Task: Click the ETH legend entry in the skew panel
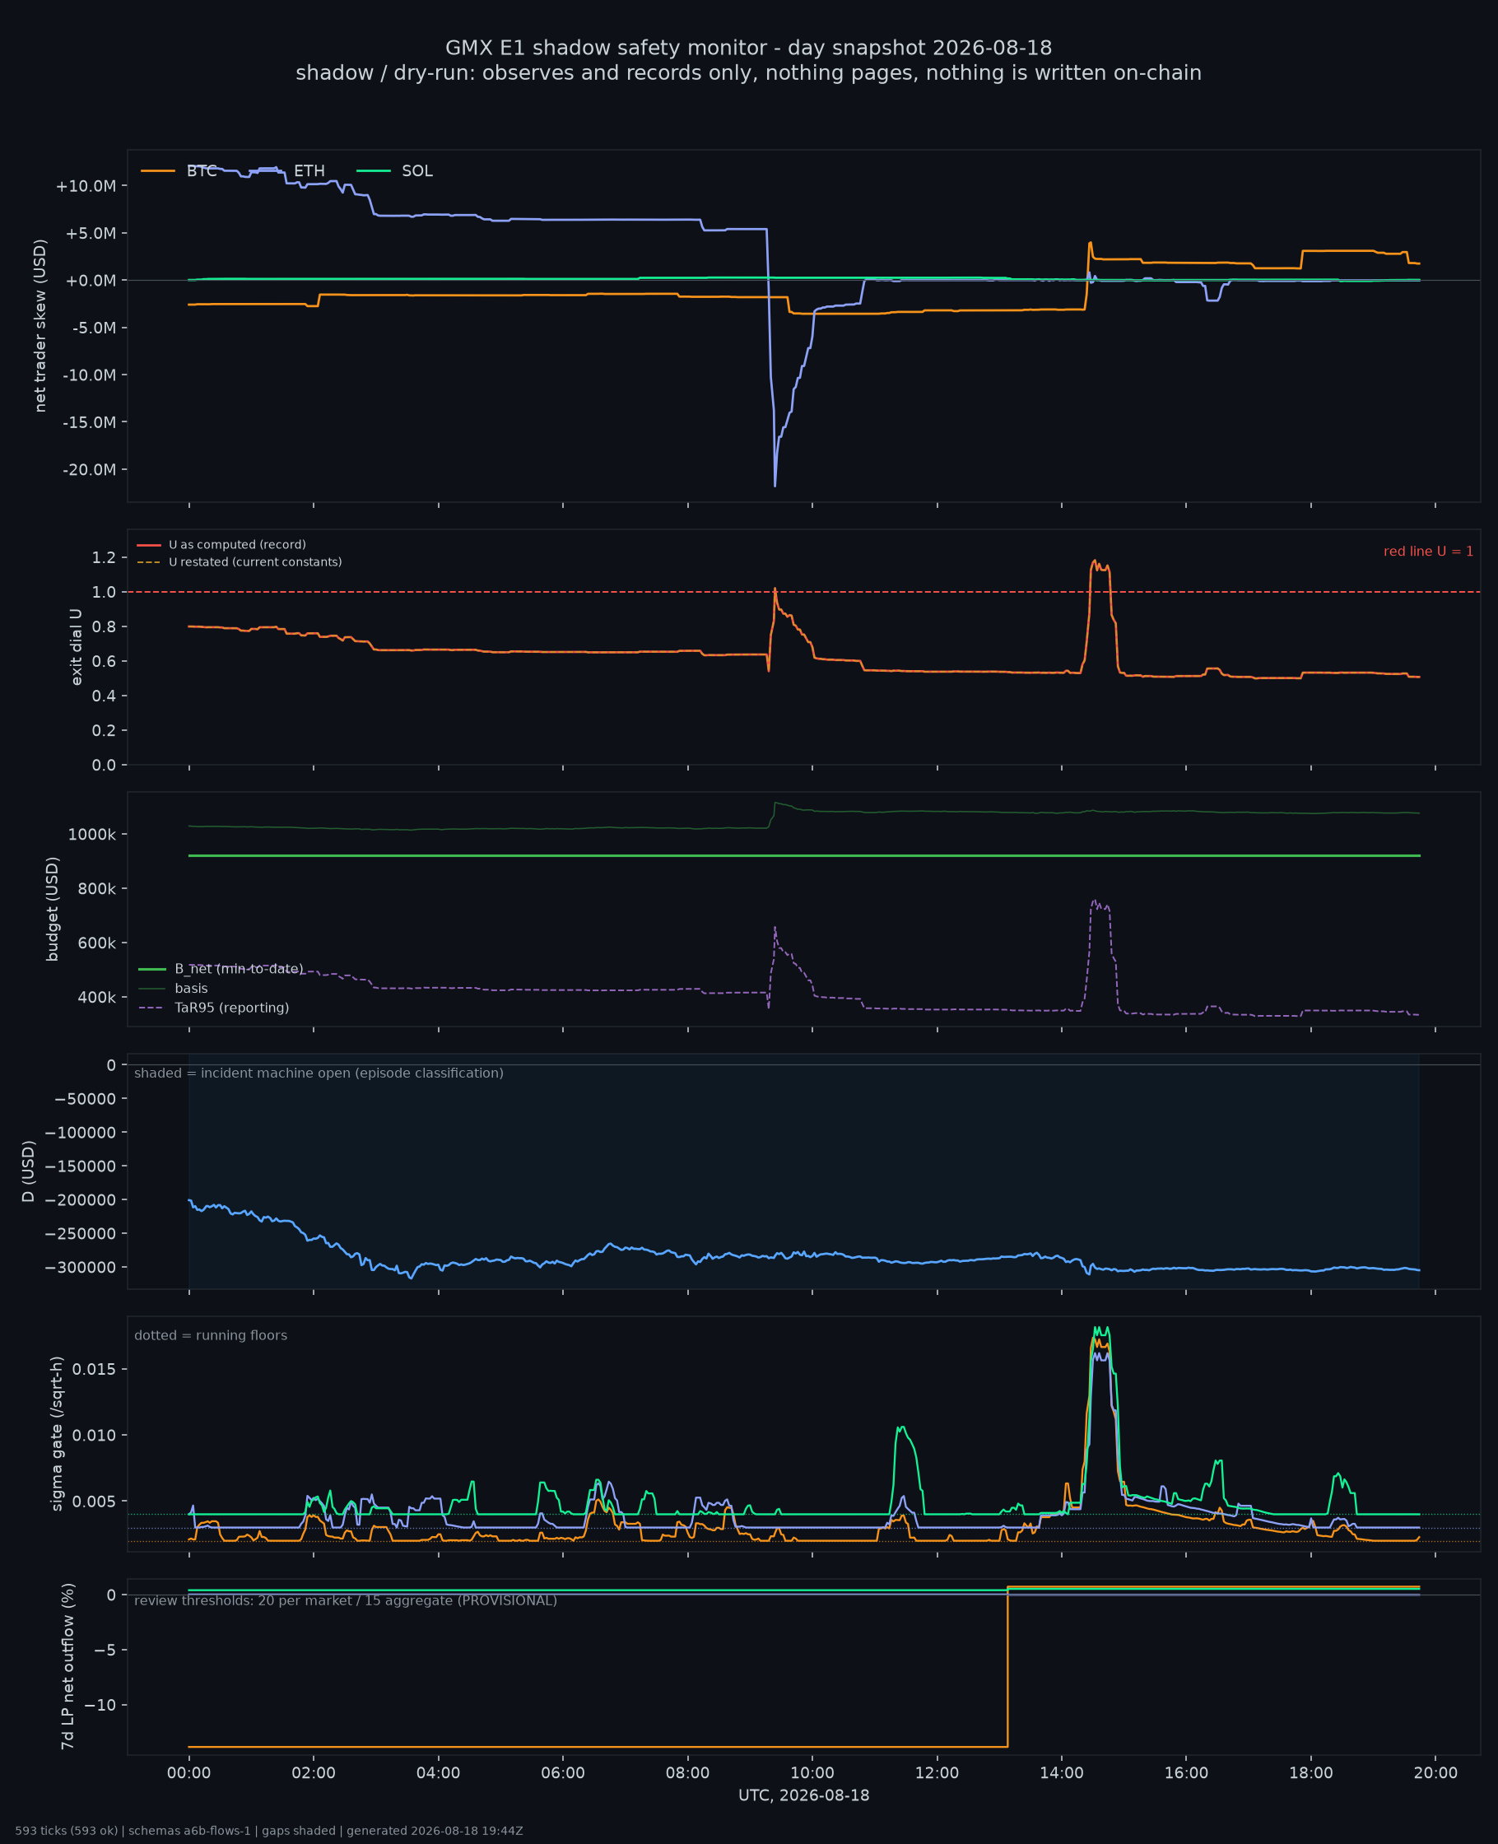286,171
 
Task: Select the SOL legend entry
394,171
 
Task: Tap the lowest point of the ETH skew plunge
775,486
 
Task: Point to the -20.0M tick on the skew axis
89,469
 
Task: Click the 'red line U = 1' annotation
1428,552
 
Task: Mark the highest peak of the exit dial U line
1095,560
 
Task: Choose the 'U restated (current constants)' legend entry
239,561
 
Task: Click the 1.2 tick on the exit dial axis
104,557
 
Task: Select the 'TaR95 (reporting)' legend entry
214,1008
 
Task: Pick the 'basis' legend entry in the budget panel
173,988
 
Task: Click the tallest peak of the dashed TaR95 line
1094,900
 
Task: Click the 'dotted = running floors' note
211,1336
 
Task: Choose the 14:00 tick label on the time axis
1062,1773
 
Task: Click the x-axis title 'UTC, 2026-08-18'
803,1795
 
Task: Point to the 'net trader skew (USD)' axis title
40,325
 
